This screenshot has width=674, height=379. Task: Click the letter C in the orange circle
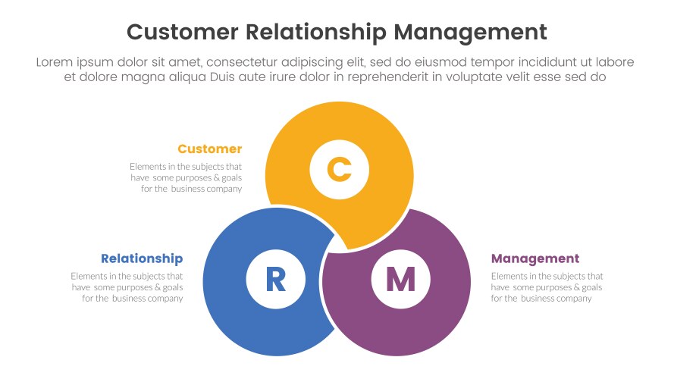coord(339,168)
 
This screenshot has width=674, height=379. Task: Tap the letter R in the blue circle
coord(275,280)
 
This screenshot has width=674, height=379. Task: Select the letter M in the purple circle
coord(400,280)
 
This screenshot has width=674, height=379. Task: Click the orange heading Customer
coord(210,149)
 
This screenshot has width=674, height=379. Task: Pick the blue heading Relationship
coord(142,258)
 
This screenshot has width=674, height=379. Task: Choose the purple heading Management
coord(535,258)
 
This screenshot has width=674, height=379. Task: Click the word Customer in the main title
coord(183,32)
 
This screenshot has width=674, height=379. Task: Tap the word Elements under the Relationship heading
coord(90,276)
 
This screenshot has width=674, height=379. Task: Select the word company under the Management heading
coord(574,299)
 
